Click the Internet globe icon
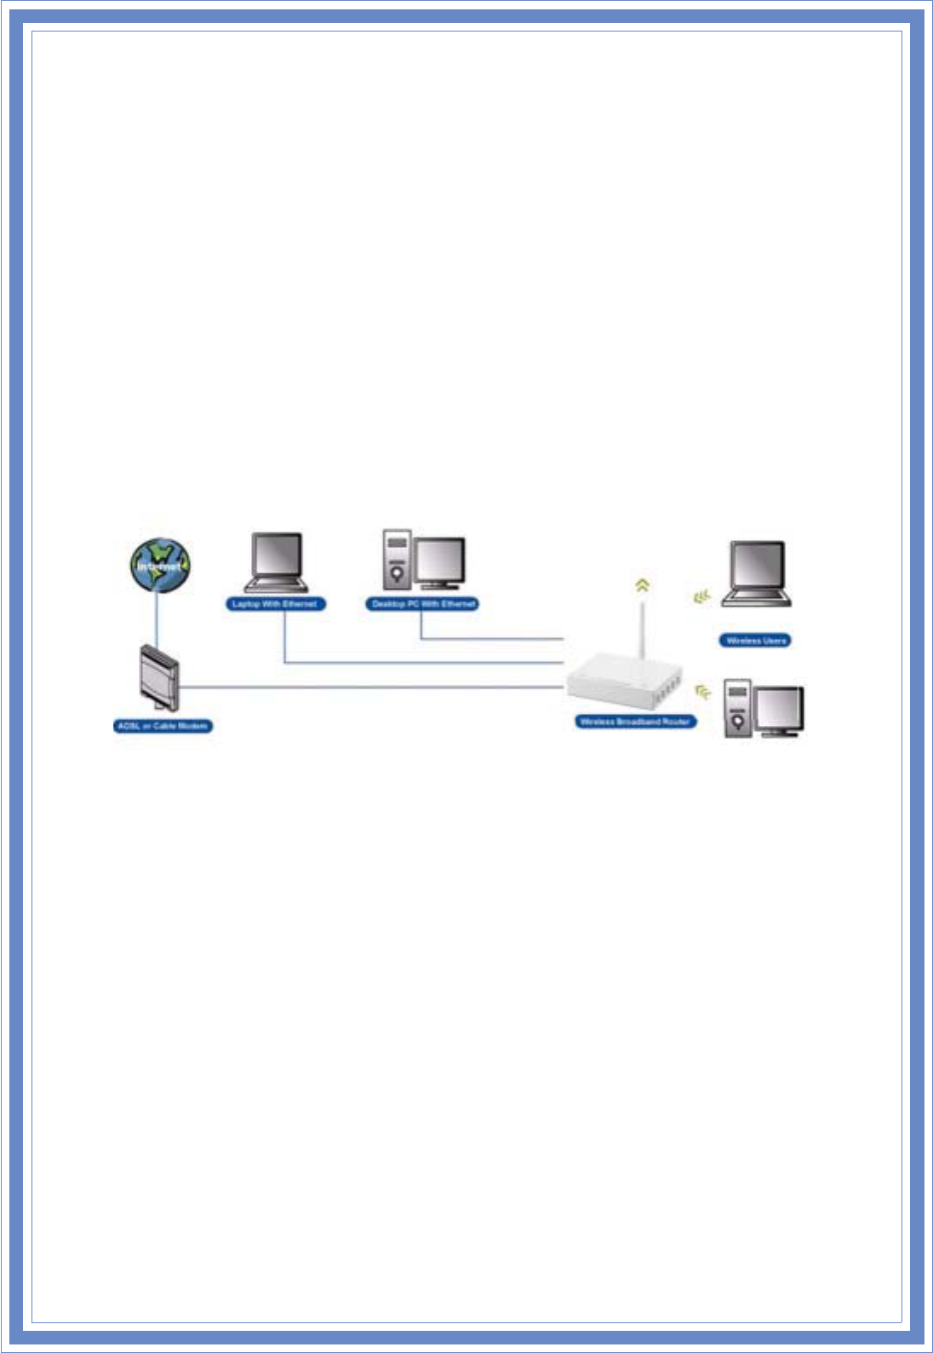pos(160,565)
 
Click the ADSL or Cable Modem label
pos(163,726)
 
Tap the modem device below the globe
pos(159,678)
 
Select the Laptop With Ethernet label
pos(274,604)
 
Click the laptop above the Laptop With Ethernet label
pos(276,562)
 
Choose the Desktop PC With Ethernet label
pos(423,604)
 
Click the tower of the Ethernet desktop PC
pos(397,560)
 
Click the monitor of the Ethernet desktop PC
pos(440,562)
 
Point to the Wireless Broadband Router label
pos(635,722)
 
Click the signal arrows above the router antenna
pos(643,585)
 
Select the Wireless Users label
pos(756,641)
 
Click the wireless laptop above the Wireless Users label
pos(757,573)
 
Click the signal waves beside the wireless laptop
pos(701,598)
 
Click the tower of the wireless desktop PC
pos(737,708)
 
